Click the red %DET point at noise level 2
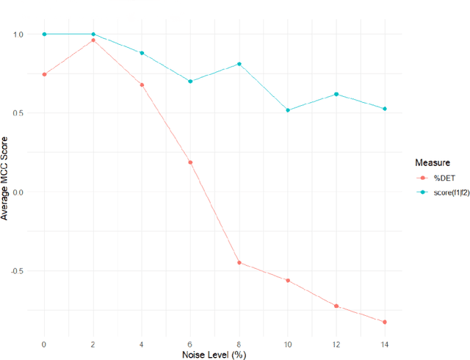pyautogui.click(x=93, y=40)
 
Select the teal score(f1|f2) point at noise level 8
pyautogui.click(x=239, y=64)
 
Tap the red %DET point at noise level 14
pyautogui.click(x=385, y=322)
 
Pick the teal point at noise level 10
pyautogui.click(x=288, y=110)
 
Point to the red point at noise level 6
pyautogui.click(x=190, y=162)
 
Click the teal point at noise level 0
pyautogui.click(x=44, y=34)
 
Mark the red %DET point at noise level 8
pyautogui.click(x=239, y=262)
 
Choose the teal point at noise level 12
pyautogui.click(x=336, y=94)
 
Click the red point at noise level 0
pyautogui.click(x=44, y=74)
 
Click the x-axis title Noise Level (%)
pyautogui.click(x=214, y=354)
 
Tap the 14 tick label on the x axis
pyautogui.click(x=385, y=343)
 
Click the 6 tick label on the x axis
pyautogui.click(x=190, y=343)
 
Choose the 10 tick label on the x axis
pyautogui.click(x=288, y=343)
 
